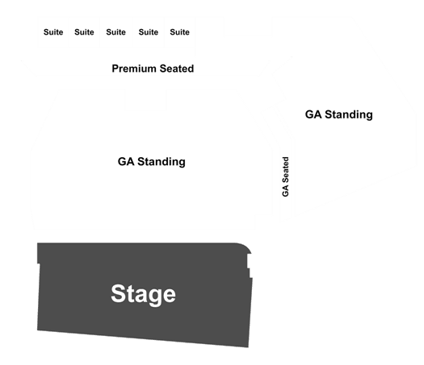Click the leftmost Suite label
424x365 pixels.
(x=53, y=32)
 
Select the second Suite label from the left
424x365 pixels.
(x=84, y=32)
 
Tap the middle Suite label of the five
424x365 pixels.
(x=116, y=32)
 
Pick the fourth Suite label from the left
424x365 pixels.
(x=149, y=32)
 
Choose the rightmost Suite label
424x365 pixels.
(x=180, y=32)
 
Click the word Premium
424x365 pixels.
(x=134, y=68)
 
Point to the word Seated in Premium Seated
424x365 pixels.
(x=177, y=68)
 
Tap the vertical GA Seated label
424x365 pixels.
(x=286, y=176)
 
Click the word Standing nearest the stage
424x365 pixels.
(x=162, y=162)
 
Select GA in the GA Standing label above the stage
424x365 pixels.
(x=126, y=162)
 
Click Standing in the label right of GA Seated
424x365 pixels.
(x=349, y=114)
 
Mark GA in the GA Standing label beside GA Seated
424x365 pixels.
(x=313, y=114)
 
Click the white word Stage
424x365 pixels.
(x=143, y=295)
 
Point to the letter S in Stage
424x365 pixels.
(x=119, y=293)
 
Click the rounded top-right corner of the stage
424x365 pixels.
(x=246, y=247)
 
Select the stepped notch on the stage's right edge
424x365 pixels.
(x=250, y=266)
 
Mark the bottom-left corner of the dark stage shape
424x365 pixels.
(x=38, y=330)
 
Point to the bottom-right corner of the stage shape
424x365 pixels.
(x=248, y=347)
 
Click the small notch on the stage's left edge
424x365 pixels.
(x=39, y=263)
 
